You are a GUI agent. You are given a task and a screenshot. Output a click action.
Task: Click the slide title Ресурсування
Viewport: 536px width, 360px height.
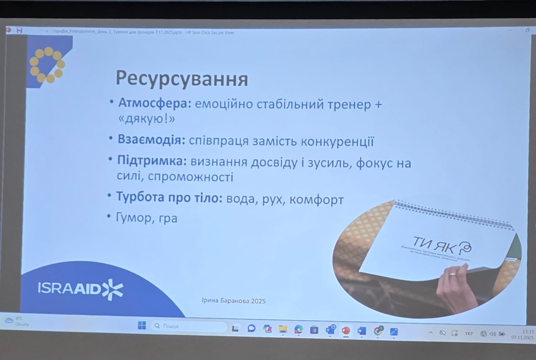[x=182, y=79]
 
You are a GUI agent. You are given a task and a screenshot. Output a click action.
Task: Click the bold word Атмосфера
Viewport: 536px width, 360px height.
[x=155, y=103]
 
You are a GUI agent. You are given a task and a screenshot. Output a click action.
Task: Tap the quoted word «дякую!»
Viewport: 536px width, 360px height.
[x=146, y=119]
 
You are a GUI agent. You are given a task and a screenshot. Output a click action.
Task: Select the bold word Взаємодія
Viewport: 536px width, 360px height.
[x=151, y=140]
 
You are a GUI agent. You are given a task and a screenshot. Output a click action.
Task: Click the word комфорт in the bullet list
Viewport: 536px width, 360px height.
[x=317, y=200]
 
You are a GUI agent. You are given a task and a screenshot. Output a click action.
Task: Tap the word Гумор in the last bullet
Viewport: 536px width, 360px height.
[x=133, y=218]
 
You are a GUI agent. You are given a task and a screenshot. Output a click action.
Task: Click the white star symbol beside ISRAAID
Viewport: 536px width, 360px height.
[x=113, y=289]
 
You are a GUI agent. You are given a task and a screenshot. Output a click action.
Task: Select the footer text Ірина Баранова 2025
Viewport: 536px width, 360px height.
[x=234, y=301]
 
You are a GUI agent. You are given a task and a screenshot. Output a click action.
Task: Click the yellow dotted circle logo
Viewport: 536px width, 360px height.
[x=47, y=64]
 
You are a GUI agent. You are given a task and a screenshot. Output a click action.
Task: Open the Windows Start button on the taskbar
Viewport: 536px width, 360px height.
[x=142, y=325]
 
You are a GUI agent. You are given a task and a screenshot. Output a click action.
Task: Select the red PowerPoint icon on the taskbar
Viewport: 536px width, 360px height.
[x=346, y=330]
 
